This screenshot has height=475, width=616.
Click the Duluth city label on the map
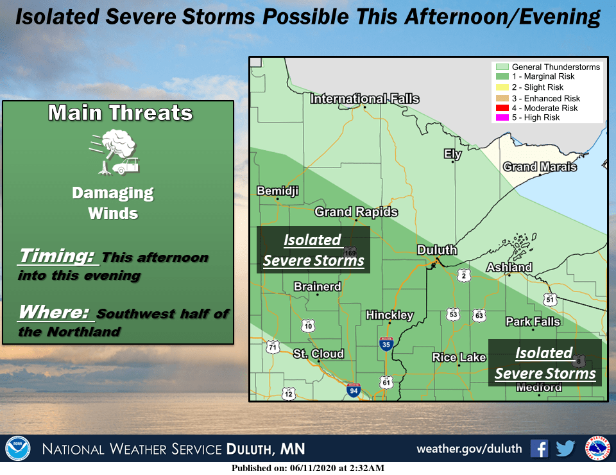point(437,250)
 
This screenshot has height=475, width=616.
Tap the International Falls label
point(364,99)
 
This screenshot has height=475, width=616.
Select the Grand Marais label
point(540,167)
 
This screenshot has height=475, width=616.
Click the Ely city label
point(453,154)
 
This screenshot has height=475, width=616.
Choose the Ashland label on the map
point(509,267)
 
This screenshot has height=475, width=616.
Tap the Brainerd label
point(317,286)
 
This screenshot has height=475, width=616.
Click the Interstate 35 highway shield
point(386,344)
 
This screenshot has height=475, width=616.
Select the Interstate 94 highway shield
point(353,389)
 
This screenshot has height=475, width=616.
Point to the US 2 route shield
point(464,275)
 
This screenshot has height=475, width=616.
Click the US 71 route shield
point(274,347)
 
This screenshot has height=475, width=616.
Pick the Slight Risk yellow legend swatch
point(501,87)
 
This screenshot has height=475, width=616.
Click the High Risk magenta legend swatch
point(501,117)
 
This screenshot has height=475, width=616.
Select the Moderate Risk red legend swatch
point(501,108)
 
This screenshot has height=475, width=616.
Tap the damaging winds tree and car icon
point(114,152)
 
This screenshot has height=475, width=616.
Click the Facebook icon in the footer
point(539,448)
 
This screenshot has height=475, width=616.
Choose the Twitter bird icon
point(565,448)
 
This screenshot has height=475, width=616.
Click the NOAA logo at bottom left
point(17,448)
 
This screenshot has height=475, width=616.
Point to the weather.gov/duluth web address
point(469,448)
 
